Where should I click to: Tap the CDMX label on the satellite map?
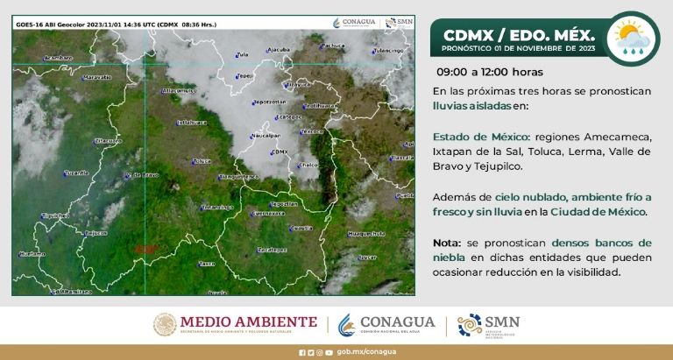281,152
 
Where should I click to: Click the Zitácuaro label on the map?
108,140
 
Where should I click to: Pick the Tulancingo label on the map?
386,51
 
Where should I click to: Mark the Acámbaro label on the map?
58,57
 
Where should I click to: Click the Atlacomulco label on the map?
180,90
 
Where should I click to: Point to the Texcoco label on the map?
313,131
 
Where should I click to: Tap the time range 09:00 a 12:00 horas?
490,72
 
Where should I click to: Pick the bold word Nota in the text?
446,242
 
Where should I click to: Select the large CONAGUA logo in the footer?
386,324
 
